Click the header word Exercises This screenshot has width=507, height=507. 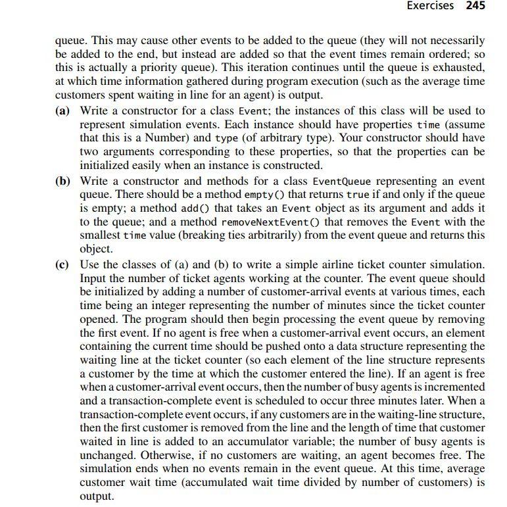pyautogui.click(x=430, y=6)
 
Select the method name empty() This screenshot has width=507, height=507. pyautogui.click(x=263, y=195)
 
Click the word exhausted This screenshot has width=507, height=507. pyautogui.click(x=454, y=68)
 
